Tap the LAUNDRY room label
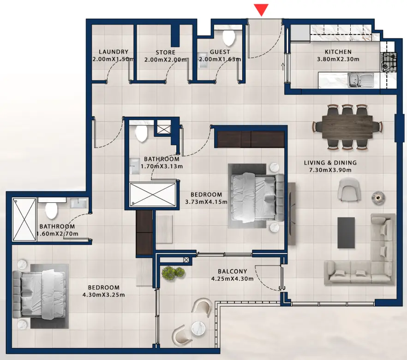(x=114, y=52)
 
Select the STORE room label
(x=165, y=52)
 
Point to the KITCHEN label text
(x=338, y=52)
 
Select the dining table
(x=347, y=126)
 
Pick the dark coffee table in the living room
(x=347, y=232)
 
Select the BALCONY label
(x=232, y=271)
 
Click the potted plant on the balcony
(x=173, y=272)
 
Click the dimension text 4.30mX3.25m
(x=103, y=295)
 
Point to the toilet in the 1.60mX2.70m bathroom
(x=51, y=212)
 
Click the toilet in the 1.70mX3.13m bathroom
(x=141, y=134)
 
